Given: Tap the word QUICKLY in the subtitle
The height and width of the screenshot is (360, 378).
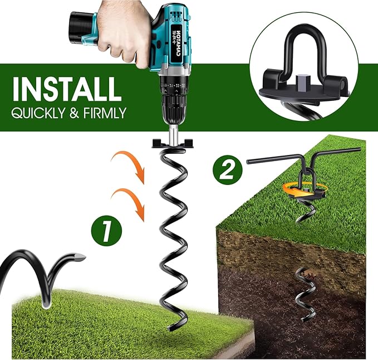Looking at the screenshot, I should point(37,113).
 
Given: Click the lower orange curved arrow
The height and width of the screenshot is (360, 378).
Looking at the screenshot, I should point(129,201).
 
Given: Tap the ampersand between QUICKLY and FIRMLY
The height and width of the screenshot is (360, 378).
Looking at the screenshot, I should point(72,113).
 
